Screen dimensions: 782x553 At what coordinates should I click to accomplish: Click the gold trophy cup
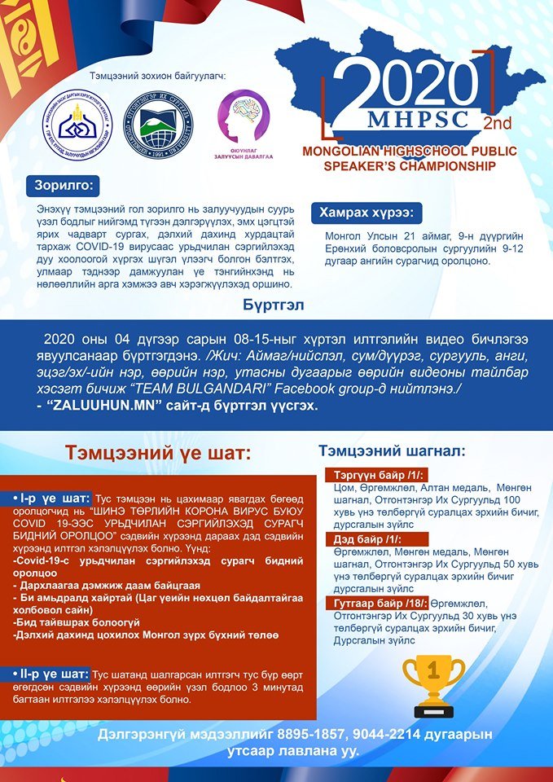pyautogui.click(x=432, y=685)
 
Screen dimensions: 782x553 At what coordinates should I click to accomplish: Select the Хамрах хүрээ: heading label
pyautogui.click(x=365, y=213)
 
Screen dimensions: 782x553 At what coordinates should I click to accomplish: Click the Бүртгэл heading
pyautogui.click(x=275, y=304)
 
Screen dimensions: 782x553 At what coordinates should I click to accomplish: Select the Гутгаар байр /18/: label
pyautogui.click(x=377, y=603)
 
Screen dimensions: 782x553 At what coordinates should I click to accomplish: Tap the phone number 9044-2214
pyautogui.click(x=376, y=734)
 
